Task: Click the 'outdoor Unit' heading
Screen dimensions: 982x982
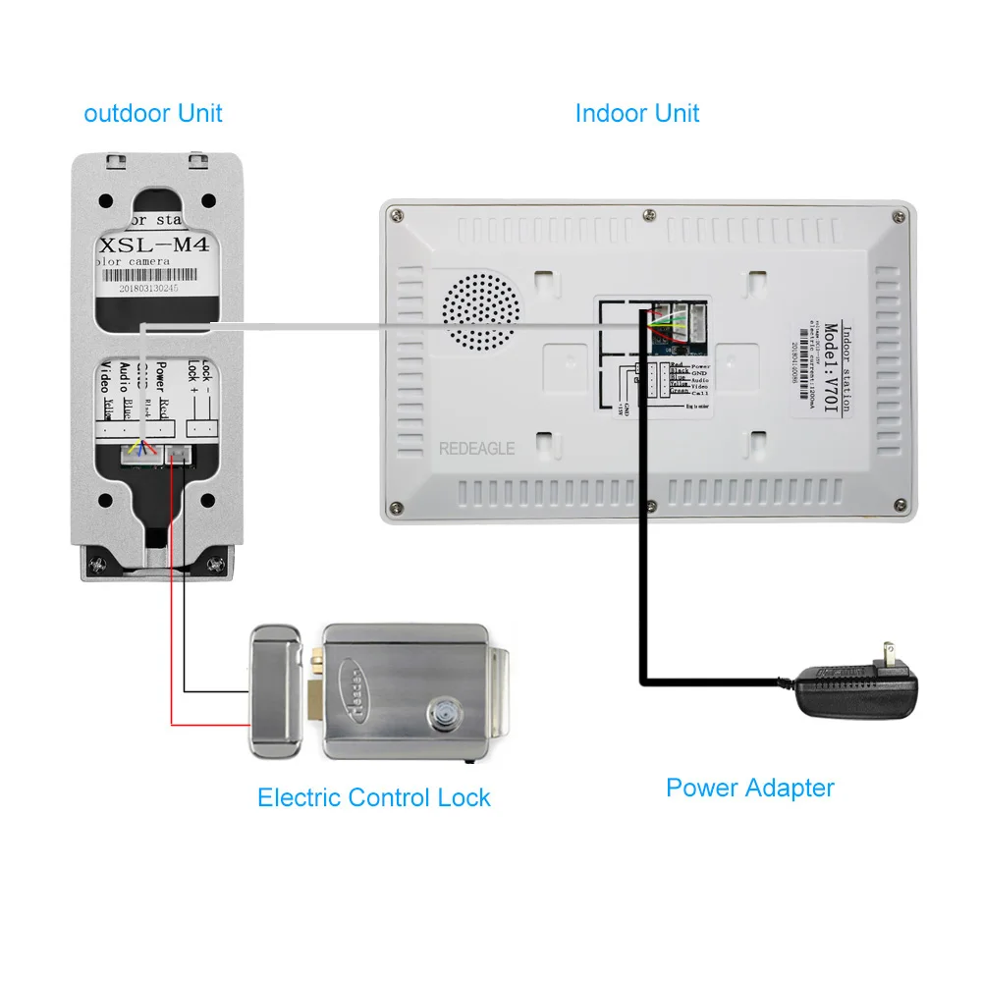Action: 153,113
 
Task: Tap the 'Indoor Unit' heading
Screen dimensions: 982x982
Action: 636,113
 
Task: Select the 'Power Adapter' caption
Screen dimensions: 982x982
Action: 749,787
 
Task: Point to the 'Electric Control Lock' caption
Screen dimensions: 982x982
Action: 373,797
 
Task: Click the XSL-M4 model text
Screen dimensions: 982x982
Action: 156,245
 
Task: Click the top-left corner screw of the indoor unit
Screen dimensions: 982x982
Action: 396,214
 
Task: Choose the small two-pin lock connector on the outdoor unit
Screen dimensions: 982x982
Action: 180,452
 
